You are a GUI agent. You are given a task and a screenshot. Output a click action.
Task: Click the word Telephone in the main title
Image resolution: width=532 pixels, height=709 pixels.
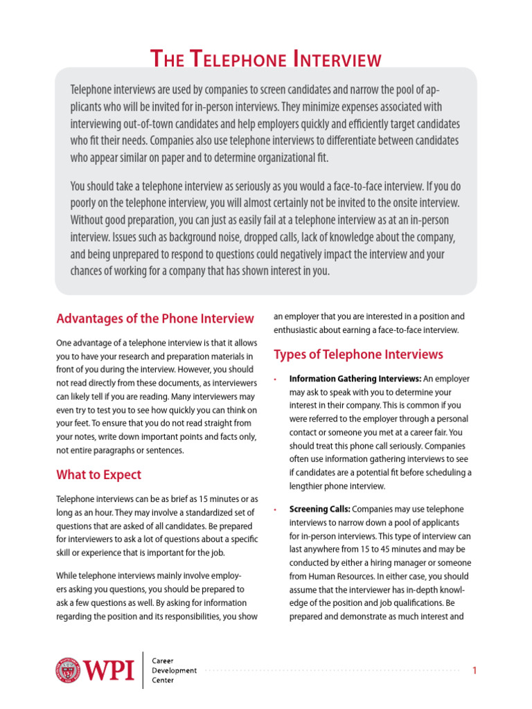coord(240,60)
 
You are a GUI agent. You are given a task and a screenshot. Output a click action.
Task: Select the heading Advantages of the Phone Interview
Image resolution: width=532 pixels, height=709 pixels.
coord(154,318)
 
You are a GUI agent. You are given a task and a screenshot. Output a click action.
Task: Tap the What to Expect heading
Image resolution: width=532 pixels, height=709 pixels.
coord(98,474)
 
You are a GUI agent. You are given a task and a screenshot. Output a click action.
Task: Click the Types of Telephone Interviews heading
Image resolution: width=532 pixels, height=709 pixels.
coord(358,354)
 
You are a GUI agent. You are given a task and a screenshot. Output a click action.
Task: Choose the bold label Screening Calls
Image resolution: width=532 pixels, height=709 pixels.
coord(319,509)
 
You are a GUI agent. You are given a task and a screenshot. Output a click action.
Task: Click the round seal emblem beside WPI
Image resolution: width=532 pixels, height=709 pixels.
coord(69,670)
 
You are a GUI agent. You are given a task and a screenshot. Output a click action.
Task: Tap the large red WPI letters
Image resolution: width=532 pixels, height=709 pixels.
coord(109,670)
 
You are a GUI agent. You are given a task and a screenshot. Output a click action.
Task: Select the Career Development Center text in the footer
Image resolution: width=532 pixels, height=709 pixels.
coord(174,670)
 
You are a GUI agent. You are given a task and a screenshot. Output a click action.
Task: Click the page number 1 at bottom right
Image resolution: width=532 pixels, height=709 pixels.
coord(475,670)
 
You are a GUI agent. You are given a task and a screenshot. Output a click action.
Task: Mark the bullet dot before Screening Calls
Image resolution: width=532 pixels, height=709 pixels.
coord(276,510)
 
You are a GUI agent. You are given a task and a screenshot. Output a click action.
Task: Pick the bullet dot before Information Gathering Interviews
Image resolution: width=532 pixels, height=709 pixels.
coord(276,379)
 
